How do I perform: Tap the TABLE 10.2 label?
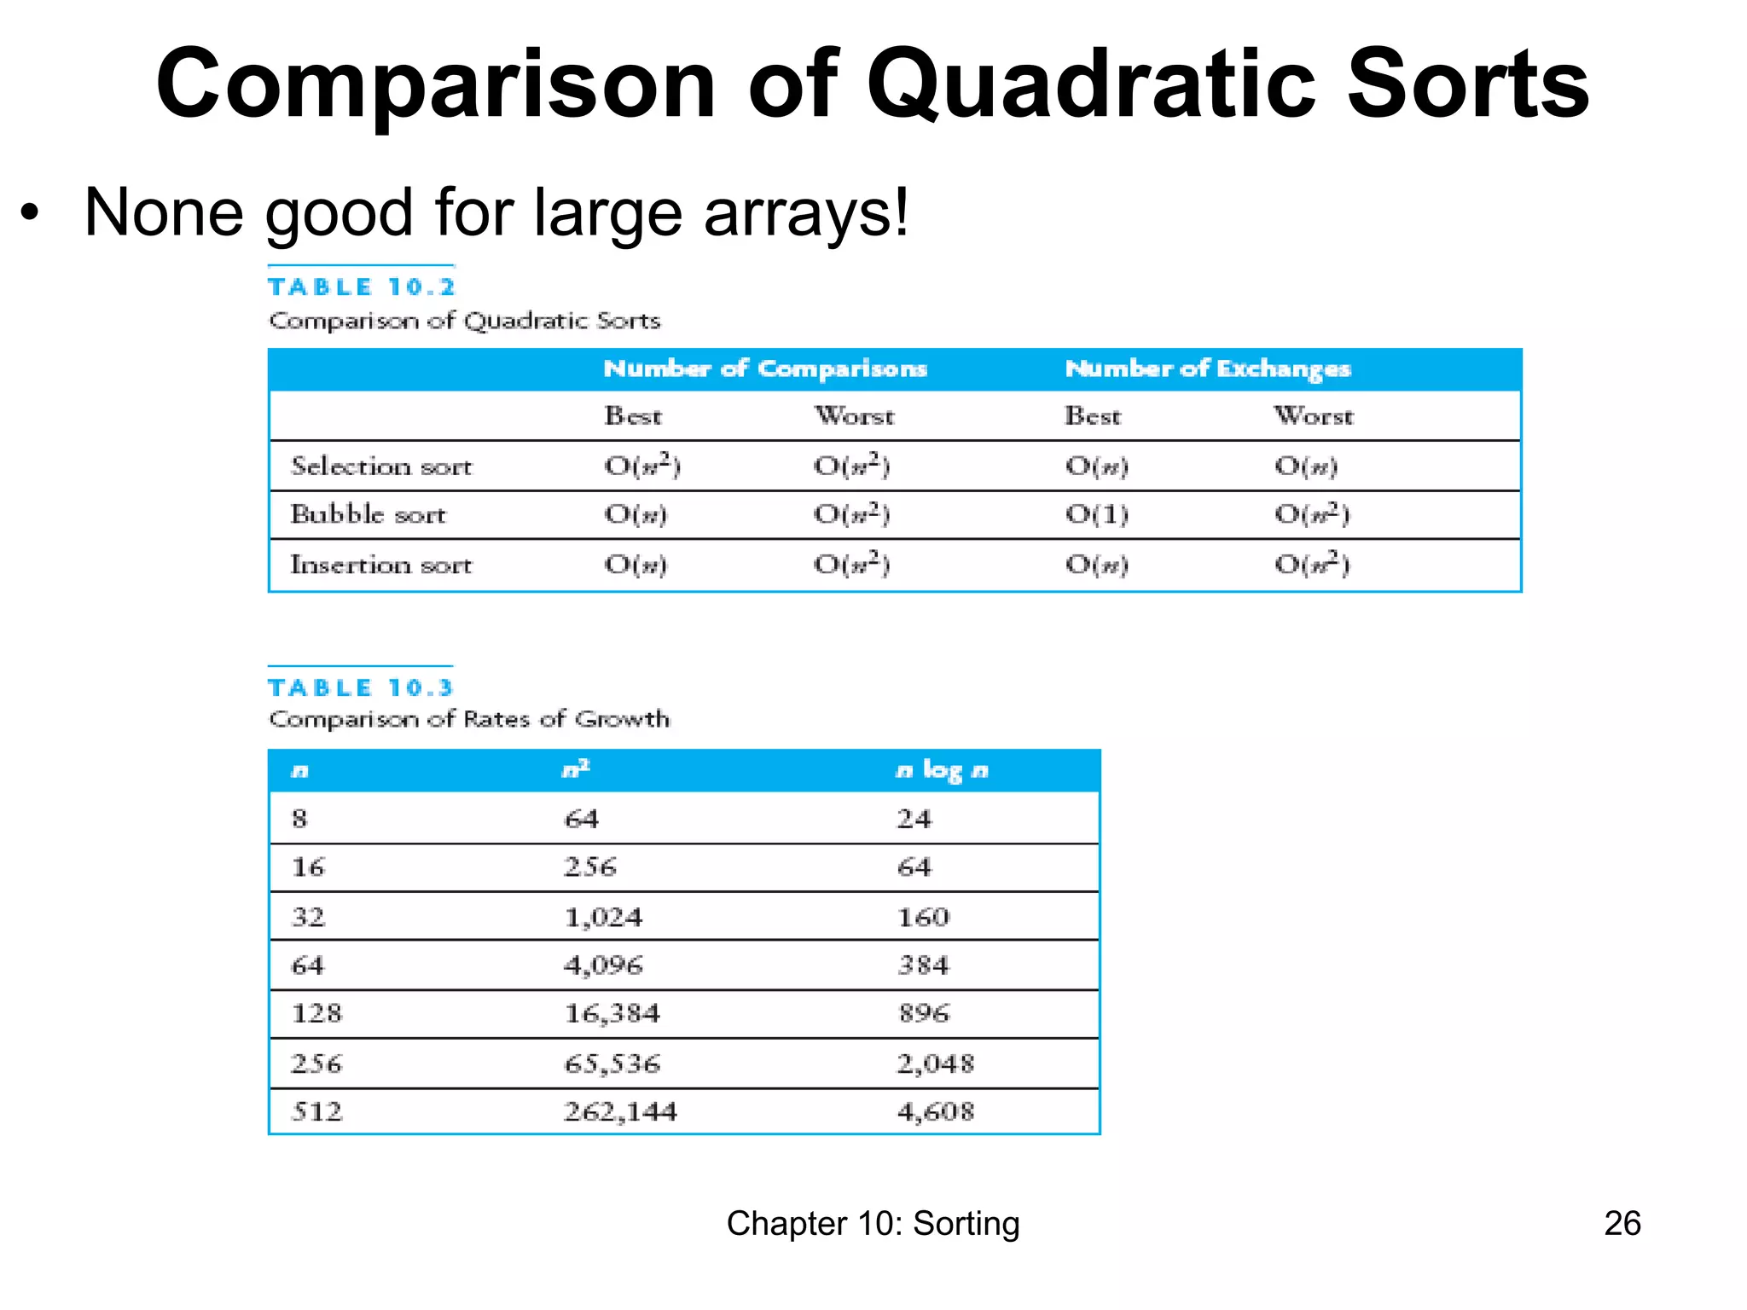pos(362,287)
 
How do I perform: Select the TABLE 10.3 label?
pos(360,687)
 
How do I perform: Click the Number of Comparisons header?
pos(765,368)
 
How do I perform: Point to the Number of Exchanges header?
pos(1207,368)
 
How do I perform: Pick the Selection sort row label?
pos(380,467)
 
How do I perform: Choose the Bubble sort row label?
pos(368,514)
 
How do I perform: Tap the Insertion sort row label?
pos(380,565)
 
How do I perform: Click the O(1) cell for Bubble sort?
pos(1096,514)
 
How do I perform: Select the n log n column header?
pos(942,771)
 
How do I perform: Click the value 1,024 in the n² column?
pos(603,918)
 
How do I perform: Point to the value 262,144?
pos(620,1111)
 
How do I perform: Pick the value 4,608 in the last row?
pos(935,1111)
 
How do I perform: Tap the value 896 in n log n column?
pos(924,1013)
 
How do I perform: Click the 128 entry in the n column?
pos(316,1013)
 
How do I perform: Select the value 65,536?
pos(612,1064)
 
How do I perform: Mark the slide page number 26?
pos(1622,1223)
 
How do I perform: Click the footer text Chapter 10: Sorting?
pos(873,1223)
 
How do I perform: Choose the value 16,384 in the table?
pos(612,1013)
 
